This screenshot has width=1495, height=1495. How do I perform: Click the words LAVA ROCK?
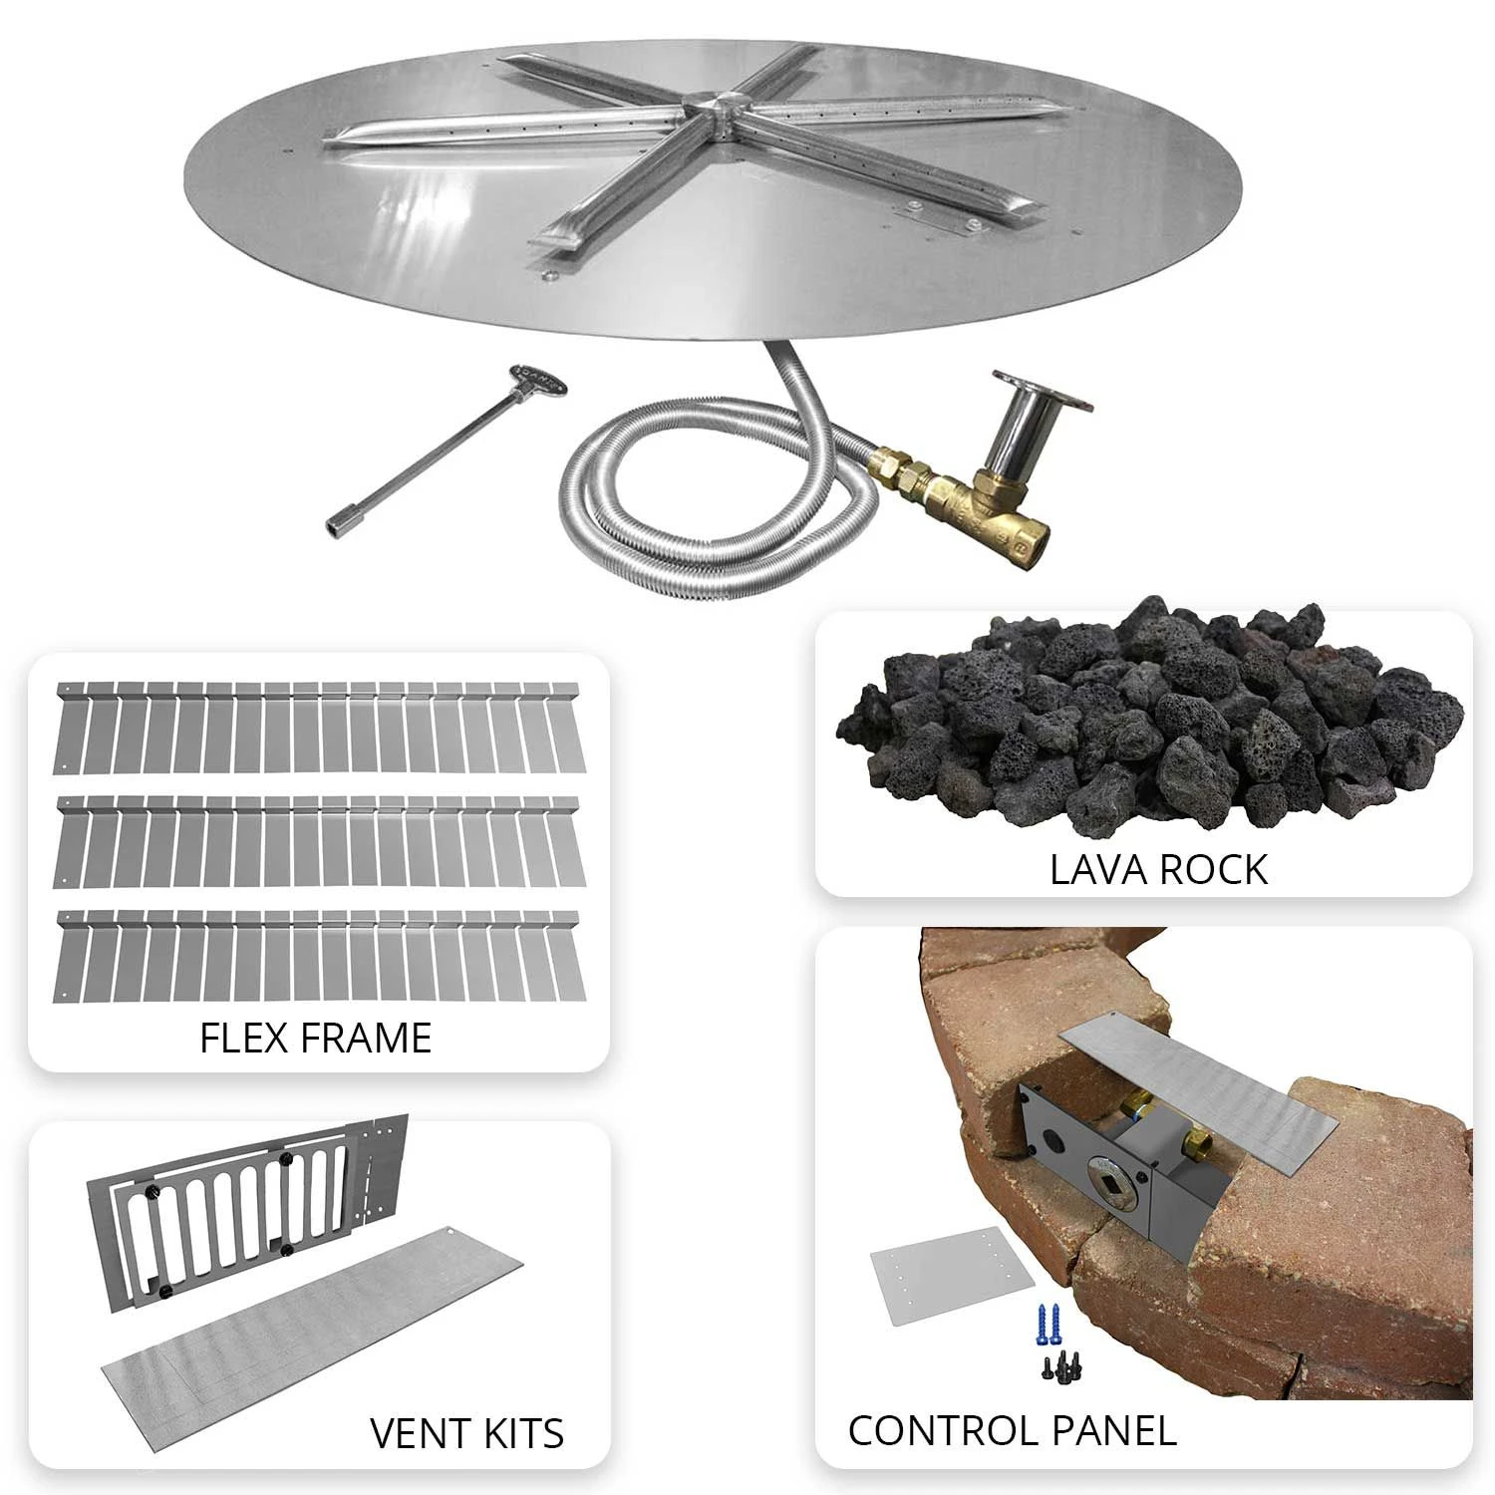coord(1158,869)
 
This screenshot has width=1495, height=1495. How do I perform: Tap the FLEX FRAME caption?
coord(316,1038)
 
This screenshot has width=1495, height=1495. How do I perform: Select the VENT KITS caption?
coord(466,1433)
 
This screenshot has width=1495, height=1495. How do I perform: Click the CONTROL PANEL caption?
coord(1012,1430)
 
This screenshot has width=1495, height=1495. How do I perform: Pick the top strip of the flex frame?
coord(318,728)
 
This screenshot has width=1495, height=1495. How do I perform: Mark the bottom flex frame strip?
coord(318,955)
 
